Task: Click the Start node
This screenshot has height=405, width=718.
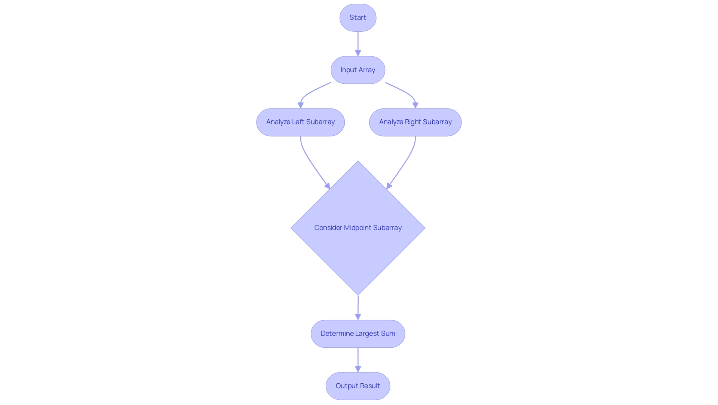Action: [x=358, y=18]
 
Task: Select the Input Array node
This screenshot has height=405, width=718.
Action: [x=358, y=70]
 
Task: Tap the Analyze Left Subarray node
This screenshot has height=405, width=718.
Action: [x=300, y=122]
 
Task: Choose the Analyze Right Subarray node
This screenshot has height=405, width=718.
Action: [x=415, y=122]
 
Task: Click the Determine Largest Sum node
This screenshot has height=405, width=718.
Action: [x=358, y=334]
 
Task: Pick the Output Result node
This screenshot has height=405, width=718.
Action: [x=358, y=386]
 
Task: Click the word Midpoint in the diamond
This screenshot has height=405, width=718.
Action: [x=358, y=228]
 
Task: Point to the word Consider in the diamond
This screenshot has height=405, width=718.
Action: [x=328, y=228]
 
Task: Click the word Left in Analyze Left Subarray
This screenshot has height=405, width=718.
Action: [x=298, y=122]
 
